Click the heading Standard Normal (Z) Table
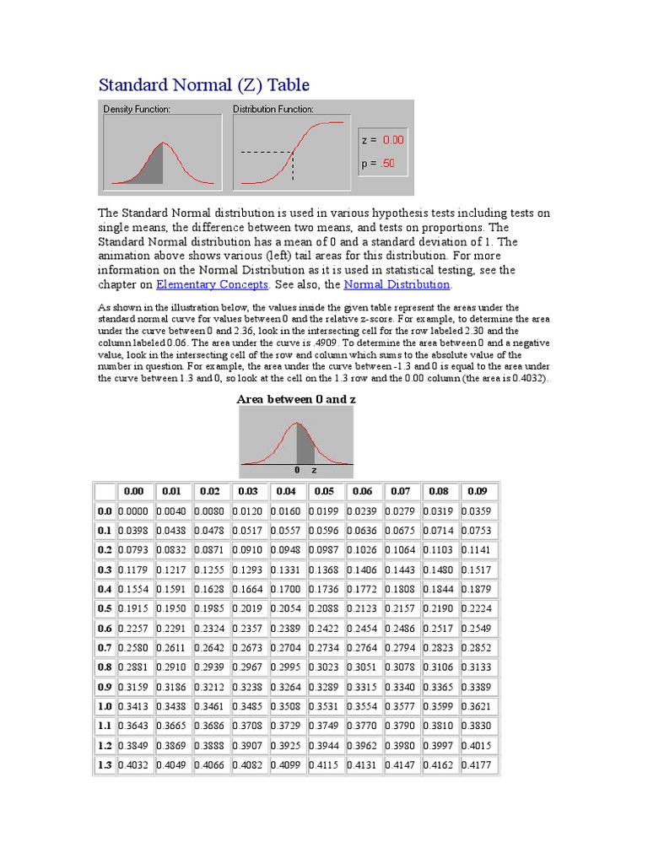(204, 84)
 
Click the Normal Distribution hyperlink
(397, 285)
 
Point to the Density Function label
(137, 110)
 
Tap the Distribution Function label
(273, 110)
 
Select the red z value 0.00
(393, 140)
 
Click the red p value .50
(387, 164)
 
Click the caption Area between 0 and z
(296, 398)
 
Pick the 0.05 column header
(324, 491)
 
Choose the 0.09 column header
(477, 491)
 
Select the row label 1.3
(105, 765)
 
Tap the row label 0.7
(105, 648)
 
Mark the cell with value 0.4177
(477, 765)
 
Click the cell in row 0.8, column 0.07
(401, 667)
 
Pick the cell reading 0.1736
(324, 589)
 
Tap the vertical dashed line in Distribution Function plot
(293, 166)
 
